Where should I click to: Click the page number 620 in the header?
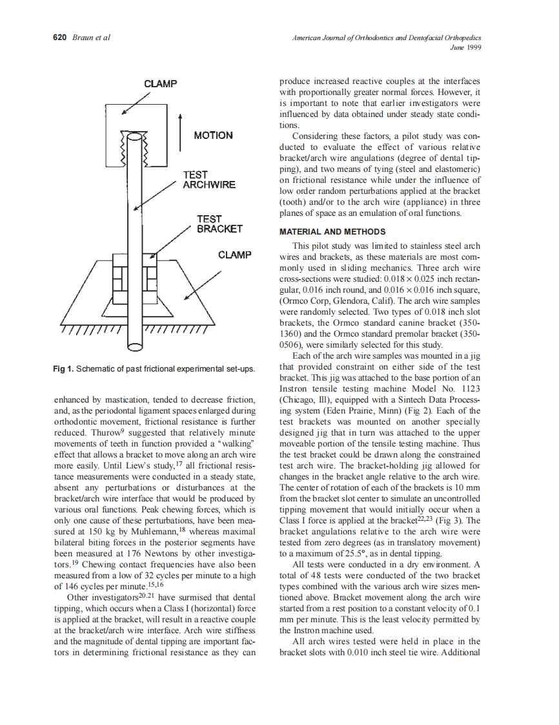(59, 37)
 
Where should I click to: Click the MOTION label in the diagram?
(213, 136)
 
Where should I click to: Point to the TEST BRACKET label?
(219, 224)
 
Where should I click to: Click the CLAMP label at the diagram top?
(161, 84)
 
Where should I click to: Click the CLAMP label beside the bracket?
(234, 255)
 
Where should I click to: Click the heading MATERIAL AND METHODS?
(332, 232)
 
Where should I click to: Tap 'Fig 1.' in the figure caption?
(63, 369)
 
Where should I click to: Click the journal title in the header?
(387, 37)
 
